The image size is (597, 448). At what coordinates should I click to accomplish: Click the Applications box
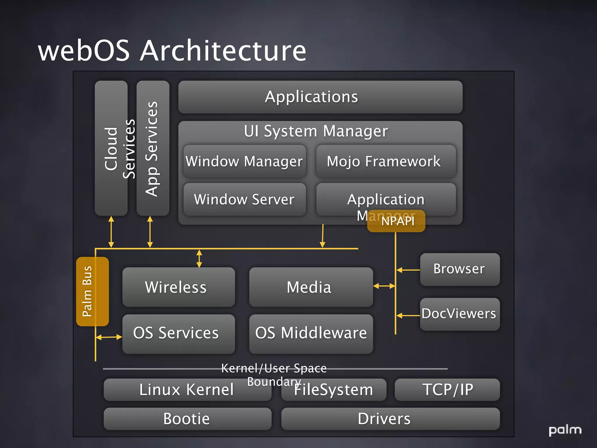click(x=320, y=97)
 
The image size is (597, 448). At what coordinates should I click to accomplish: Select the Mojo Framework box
click(x=386, y=161)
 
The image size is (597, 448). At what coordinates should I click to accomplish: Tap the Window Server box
click(x=244, y=199)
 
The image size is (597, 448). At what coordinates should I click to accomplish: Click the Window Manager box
click(x=244, y=161)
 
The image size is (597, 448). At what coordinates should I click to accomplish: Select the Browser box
click(x=459, y=269)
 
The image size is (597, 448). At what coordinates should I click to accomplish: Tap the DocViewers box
click(x=459, y=314)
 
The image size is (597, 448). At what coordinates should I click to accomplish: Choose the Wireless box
click(x=178, y=287)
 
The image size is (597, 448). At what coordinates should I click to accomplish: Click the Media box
click(x=311, y=287)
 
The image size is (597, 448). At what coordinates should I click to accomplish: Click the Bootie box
click(x=187, y=419)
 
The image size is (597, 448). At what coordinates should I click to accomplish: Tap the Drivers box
click(x=390, y=419)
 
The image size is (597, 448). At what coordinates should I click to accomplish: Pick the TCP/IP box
click(x=447, y=390)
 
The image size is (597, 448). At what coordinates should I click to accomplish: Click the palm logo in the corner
click(x=565, y=430)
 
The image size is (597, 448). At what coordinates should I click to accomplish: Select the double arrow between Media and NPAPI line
click(x=384, y=286)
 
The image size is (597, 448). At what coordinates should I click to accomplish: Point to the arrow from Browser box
click(x=408, y=270)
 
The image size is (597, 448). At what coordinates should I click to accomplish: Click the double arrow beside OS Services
click(x=109, y=337)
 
